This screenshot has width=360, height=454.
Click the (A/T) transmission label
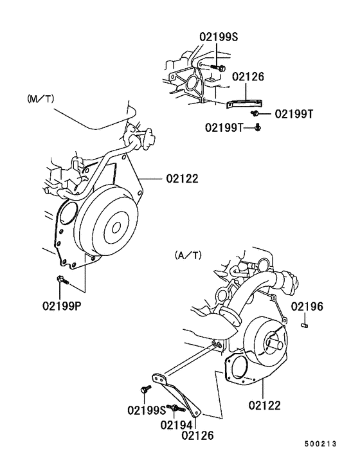coord(188,255)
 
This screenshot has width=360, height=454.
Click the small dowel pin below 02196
coord(306,325)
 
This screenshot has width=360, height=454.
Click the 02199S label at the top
coord(219,38)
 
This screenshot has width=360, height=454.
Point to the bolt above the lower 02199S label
coord(145,389)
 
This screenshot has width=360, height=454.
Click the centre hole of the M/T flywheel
coord(116,226)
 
